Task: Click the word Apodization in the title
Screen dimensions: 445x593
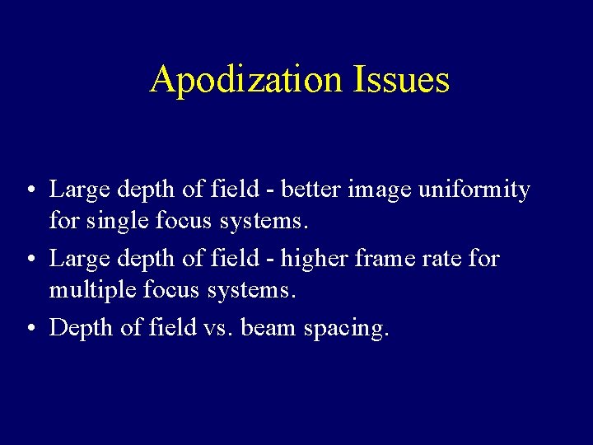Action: pos(248,80)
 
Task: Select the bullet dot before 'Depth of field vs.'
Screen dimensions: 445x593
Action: pos(29,330)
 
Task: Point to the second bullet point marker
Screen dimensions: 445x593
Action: pos(29,260)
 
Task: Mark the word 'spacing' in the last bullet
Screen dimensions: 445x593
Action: pos(347,330)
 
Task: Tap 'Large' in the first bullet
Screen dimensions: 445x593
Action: pos(80,191)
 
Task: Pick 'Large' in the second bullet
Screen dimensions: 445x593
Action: pos(80,260)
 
